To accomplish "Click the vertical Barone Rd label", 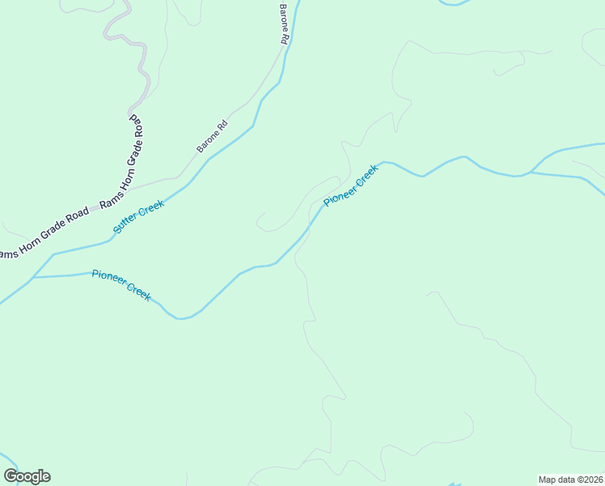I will pyautogui.click(x=285, y=24).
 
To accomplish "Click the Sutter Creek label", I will pyautogui.click(x=139, y=216).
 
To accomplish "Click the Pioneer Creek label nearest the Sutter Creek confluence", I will pyautogui.click(x=121, y=285).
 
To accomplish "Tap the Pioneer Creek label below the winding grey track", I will pyautogui.click(x=351, y=185).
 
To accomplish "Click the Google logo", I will pyautogui.click(x=27, y=476).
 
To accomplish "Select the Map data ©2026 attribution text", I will pyautogui.click(x=570, y=480).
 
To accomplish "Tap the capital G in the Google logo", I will pyautogui.click(x=11, y=476).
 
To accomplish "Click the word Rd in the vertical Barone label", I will pyautogui.click(x=285, y=37).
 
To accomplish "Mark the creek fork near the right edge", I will pyautogui.click(x=531, y=173).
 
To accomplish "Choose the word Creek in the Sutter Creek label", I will pyautogui.click(x=151, y=209).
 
